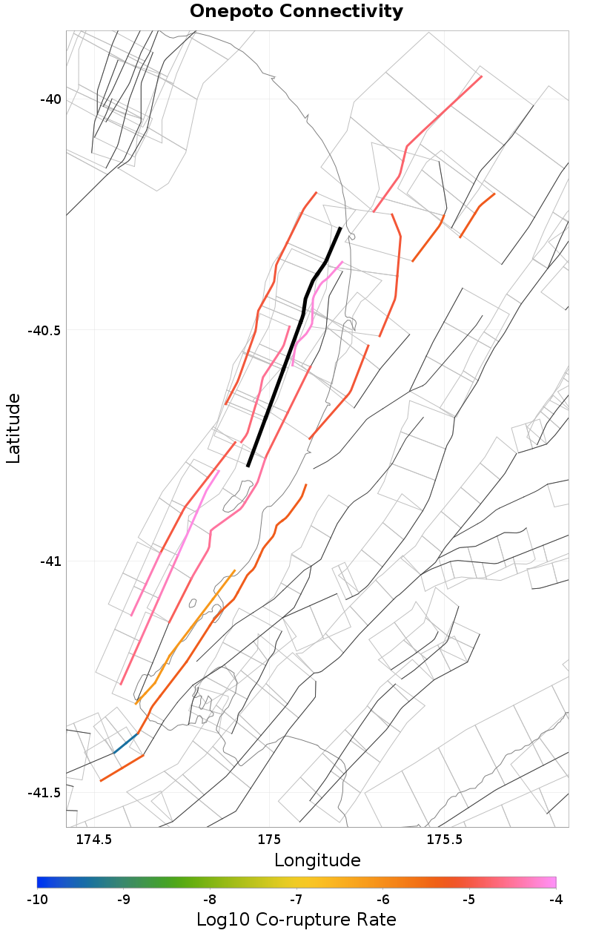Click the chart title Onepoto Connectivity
[296, 12]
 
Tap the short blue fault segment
[126, 743]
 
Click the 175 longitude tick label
[268, 840]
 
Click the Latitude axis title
[13, 429]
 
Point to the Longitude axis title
[317, 860]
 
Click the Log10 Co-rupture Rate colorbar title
[296, 920]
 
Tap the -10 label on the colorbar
[37, 900]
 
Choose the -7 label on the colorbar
[296, 900]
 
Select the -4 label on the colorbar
[556, 900]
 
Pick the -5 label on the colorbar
[469, 900]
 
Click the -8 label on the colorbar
[210, 900]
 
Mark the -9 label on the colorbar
[124, 900]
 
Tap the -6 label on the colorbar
[383, 900]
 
